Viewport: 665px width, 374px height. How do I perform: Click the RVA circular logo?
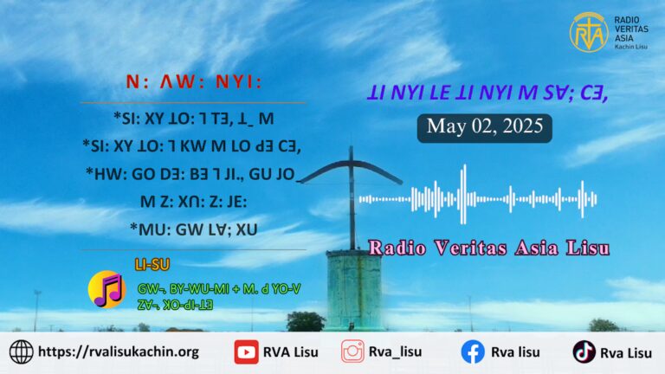point(589,32)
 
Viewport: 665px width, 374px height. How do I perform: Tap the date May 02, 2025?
point(485,126)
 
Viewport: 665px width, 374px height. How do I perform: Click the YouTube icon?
point(246,352)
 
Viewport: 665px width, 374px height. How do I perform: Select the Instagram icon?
point(352,351)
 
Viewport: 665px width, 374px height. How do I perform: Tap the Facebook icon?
point(473,352)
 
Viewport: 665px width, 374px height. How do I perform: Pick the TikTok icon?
point(584,352)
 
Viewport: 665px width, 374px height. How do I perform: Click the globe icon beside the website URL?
point(21,352)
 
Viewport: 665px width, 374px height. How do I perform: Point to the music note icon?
point(107,290)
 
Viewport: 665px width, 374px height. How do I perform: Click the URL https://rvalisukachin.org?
point(119,352)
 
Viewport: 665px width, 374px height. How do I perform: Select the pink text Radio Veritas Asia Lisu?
point(488,248)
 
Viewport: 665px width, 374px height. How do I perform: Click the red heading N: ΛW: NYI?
point(194,82)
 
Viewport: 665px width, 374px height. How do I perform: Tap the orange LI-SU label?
point(152,265)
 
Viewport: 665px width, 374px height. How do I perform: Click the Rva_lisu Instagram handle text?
point(395,352)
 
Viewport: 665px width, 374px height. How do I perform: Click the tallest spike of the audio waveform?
point(463,194)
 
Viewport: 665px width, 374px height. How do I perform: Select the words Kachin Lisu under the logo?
point(631,47)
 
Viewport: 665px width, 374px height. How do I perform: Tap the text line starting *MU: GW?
point(194,229)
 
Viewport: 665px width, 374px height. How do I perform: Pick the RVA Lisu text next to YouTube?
point(291,352)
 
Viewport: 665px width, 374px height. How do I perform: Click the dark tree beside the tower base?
point(306,321)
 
